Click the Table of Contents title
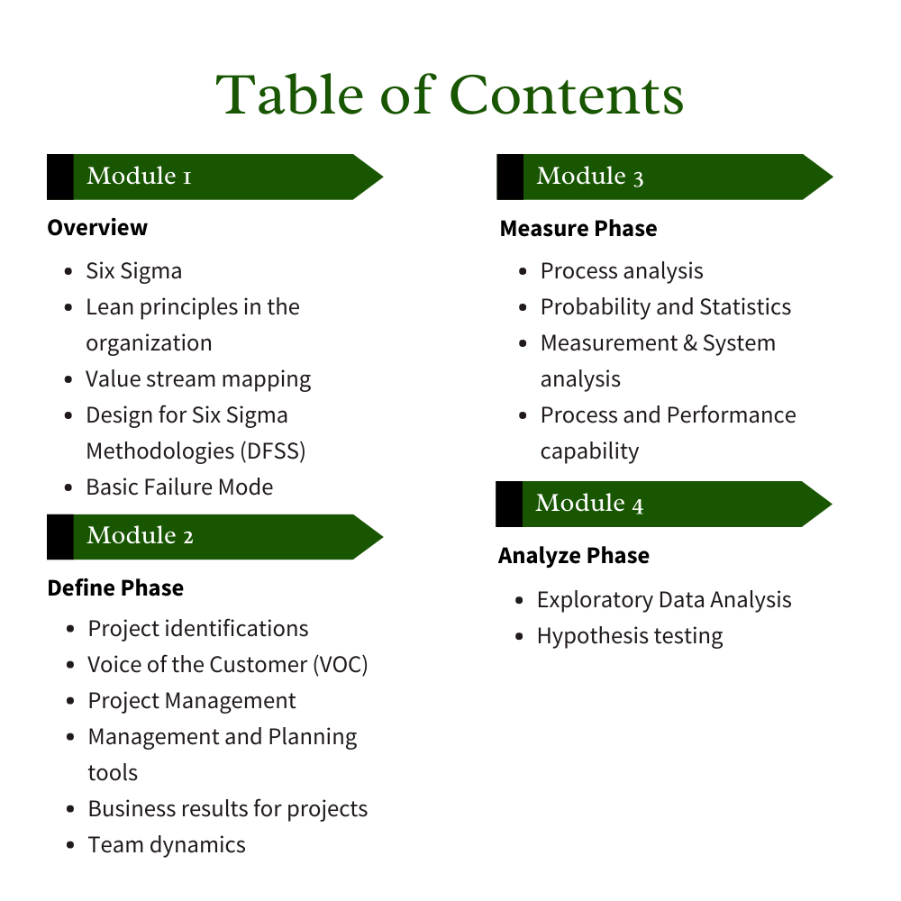450,95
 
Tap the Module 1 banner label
139,176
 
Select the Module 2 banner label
140,536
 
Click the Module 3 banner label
590,176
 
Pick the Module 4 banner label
589,503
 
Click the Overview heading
97,227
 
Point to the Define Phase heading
115,587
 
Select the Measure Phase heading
578,228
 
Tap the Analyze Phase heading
574,555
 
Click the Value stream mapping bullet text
198,379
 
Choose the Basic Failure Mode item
179,487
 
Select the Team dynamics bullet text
167,845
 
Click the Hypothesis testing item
630,636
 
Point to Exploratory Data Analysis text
664,600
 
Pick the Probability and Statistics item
666,307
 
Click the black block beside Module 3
510,177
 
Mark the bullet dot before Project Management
70,701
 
